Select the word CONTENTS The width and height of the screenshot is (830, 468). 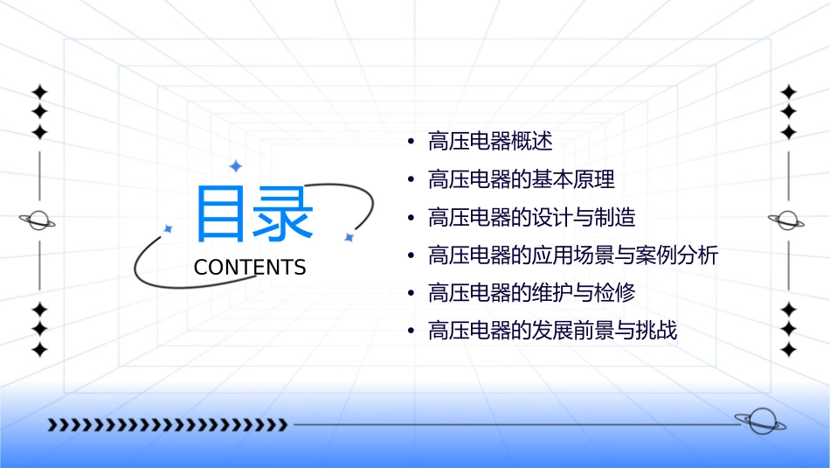(x=250, y=268)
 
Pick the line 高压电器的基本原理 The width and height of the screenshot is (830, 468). (x=522, y=180)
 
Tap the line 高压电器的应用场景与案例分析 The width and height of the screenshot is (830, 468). (x=573, y=255)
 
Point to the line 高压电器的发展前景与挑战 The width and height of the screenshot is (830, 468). (x=552, y=332)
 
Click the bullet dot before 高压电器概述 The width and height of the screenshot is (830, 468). (x=411, y=142)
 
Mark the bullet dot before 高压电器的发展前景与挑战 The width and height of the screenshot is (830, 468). (x=411, y=332)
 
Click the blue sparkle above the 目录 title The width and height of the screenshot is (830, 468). (x=235, y=166)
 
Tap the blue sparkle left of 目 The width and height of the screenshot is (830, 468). (x=169, y=229)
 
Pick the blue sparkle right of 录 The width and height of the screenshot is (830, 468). (x=349, y=237)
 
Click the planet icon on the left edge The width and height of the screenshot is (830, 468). (x=38, y=220)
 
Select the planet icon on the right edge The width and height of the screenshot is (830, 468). (x=788, y=220)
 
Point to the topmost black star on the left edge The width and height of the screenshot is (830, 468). (x=38, y=92)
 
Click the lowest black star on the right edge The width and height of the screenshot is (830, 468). (x=789, y=350)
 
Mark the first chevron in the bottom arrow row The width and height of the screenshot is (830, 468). (x=52, y=425)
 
